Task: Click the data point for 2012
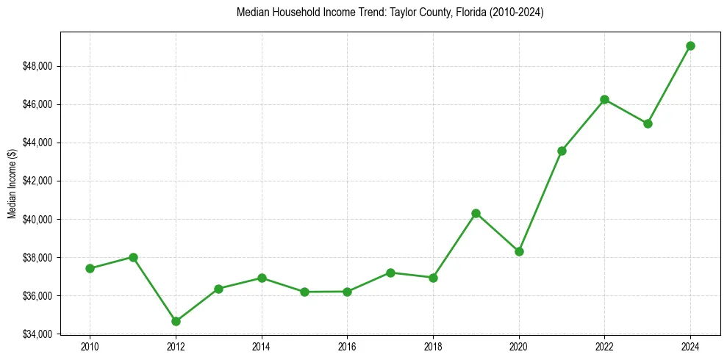[176, 321]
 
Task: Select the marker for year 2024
[690, 46]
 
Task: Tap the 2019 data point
[476, 213]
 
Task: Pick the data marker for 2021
[562, 151]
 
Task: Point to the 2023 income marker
[648, 123]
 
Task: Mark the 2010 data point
[90, 268]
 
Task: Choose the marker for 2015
[304, 292]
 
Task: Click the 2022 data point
[604, 99]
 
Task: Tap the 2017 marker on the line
[390, 273]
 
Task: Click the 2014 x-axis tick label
[262, 347]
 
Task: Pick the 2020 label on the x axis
[519, 347]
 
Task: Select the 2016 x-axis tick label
[347, 347]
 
